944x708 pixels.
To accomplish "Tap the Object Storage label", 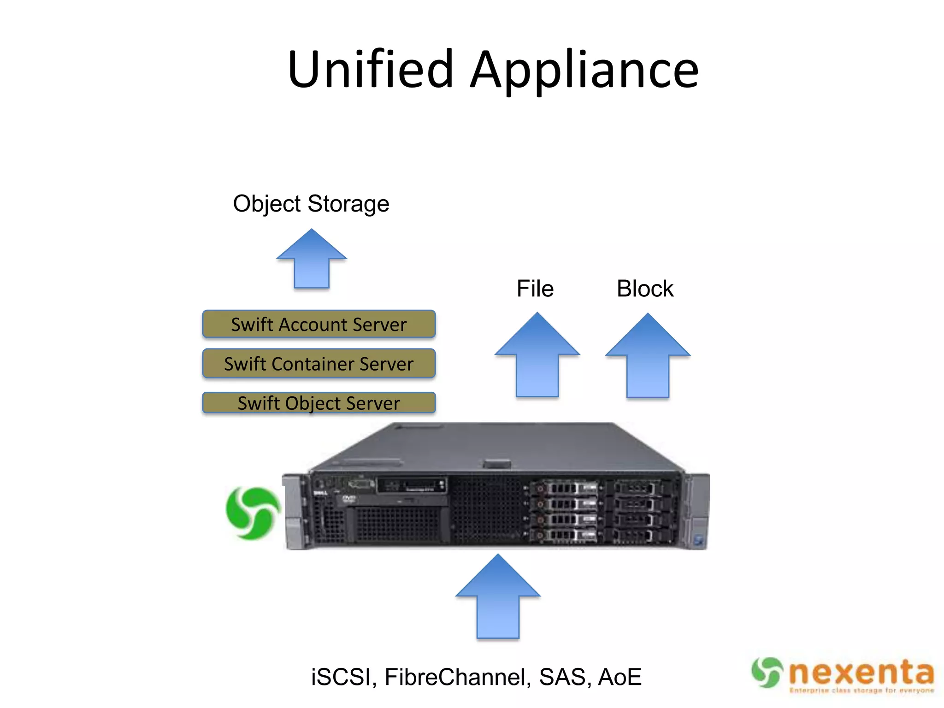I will pyautogui.click(x=311, y=204).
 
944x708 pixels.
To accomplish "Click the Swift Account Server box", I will pyautogui.click(x=319, y=324).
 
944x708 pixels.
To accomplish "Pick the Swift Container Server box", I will pyautogui.click(x=319, y=364).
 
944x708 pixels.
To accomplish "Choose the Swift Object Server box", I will pyautogui.click(x=319, y=403).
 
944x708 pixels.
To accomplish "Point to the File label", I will pyautogui.click(x=535, y=289).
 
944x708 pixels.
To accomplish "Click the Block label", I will pyautogui.click(x=645, y=289).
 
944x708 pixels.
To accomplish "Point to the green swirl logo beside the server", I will pyautogui.click(x=253, y=513).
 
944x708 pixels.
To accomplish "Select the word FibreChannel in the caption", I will pyautogui.click(x=454, y=677).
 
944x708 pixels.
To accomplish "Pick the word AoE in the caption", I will pyautogui.click(x=619, y=677).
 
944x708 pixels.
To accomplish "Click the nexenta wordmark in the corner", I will pyautogui.click(x=861, y=673).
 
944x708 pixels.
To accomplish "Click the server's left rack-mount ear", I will pyautogui.click(x=294, y=512).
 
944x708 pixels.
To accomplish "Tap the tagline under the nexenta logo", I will pyautogui.click(x=861, y=690).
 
